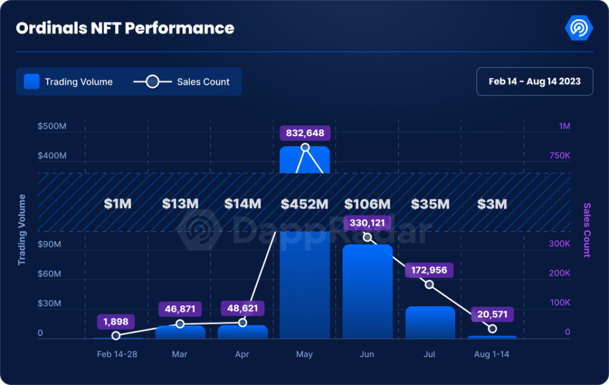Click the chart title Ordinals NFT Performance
click(x=125, y=28)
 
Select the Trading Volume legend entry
click(x=68, y=82)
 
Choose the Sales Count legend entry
click(x=181, y=82)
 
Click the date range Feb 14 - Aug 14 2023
click(x=535, y=82)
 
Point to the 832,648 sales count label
click(x=305, y=133)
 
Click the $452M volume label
click(x=305, y=204)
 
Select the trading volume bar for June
click(x=367, y=292)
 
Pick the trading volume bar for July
click(x=430, y=323)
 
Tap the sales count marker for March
click(x=180, y=324)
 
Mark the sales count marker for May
click(x=305, y=148)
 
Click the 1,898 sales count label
click(x=116, y=322)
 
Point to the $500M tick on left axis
click(x=52, y=126)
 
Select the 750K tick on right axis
click(x=559, y=155)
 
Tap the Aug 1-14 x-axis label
click(x=491, y=354)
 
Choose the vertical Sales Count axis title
click(x=587, y=230)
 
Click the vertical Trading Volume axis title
click(x=22, y=230)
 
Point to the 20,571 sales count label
click(x=492, y=314)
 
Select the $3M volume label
click(x=492, y=204)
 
